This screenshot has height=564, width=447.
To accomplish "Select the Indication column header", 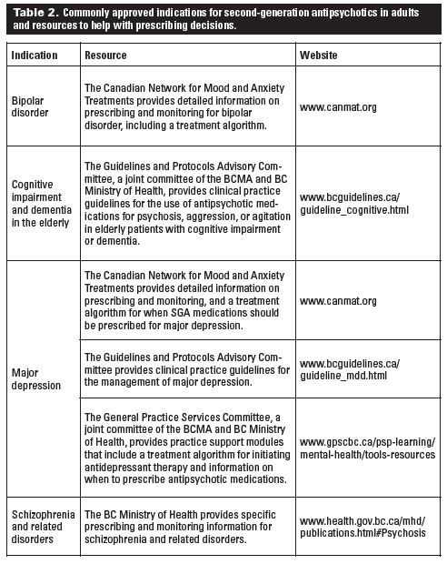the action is pyautogui.click(x=35, y=55).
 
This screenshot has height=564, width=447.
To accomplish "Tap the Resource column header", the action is pyautogui.click(x=105, y=55).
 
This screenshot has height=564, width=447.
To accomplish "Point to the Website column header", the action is pyautogui.click(x=320, y=55).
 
